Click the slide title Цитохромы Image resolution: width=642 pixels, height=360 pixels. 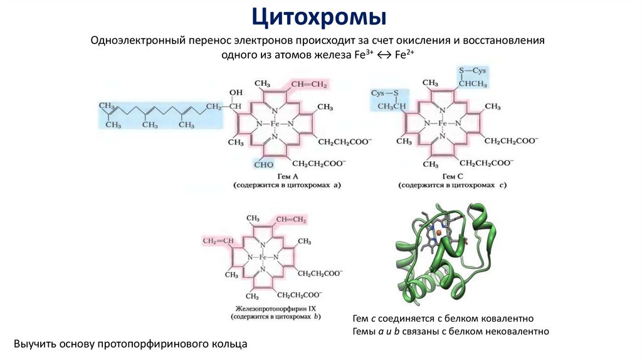(320, 16)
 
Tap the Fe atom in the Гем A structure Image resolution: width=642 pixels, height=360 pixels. (275, 124)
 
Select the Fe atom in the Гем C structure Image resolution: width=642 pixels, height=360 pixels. (443, 124)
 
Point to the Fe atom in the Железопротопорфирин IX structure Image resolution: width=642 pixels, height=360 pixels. (263, 258)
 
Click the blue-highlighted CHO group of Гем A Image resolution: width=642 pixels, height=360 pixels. (263, 164)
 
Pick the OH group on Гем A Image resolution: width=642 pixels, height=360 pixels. (236, 93)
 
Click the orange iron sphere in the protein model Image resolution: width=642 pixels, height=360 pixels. (439, 233)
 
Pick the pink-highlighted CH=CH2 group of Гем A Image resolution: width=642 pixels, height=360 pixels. (308, 84)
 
